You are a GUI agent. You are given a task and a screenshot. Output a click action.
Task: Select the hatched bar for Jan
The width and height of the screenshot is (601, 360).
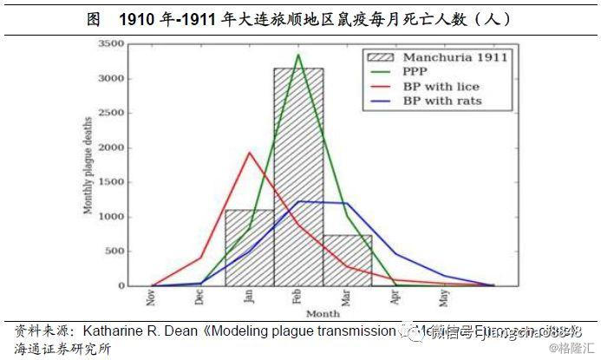[x=249, y=248]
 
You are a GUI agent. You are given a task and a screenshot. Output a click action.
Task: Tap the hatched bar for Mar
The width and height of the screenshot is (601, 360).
[x=347, y=260]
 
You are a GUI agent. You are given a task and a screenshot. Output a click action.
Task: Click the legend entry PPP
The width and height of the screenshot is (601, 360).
[x=414, y=72]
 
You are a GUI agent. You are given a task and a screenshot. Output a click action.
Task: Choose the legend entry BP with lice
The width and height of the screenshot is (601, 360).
[x=441, y=87]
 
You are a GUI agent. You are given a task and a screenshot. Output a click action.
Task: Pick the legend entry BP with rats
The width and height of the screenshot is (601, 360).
[x=441, y=101]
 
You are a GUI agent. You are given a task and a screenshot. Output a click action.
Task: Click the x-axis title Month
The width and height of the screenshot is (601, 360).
[x=323, y=313]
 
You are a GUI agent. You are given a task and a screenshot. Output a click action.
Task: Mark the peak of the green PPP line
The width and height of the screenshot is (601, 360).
[x=298, y=55]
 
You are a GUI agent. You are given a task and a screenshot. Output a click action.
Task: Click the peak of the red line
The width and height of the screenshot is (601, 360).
[x=250, y=153]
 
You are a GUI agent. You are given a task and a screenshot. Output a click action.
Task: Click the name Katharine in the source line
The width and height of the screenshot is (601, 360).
[x=119, y=331]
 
